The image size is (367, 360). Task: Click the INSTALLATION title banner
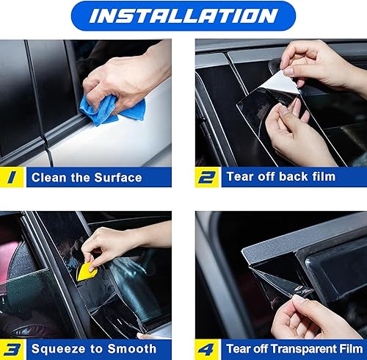(x=183, y=15)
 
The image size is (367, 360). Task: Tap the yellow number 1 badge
(x=12, y=177)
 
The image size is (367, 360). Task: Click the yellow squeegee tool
(x=87, y=270)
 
